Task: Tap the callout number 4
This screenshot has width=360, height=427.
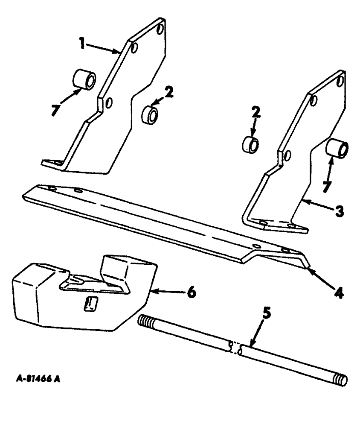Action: click(339, 294)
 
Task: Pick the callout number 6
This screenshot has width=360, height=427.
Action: click(192, 292)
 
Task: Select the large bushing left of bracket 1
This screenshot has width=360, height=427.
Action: click(84, 80)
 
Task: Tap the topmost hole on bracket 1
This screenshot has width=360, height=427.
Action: click(160, 31)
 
